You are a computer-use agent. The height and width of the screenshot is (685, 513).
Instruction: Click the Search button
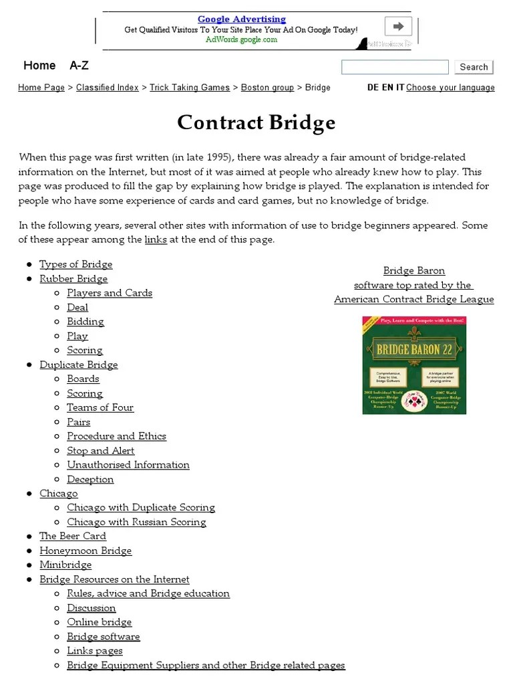click(474, 67)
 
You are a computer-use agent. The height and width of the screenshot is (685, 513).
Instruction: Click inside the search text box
click(395, 67)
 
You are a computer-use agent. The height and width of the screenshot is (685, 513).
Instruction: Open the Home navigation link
click(39, 66)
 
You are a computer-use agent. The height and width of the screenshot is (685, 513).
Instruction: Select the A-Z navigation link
click(79, 66)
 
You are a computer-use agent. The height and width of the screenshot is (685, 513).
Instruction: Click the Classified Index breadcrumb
click(108, 88)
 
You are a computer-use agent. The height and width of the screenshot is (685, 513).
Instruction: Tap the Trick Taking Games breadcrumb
click(190, 88)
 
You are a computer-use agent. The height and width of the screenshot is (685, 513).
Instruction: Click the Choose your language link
click(450, 88)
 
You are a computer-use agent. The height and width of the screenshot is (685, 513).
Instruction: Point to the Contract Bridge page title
click(256, 123)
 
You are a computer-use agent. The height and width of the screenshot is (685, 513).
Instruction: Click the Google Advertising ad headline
click(241, 19)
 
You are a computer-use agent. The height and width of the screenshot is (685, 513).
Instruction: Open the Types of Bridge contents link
click(76, 264)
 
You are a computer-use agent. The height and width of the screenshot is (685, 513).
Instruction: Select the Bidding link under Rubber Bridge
click(85, 322)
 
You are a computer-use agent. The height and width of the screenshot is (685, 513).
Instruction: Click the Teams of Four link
click(100, 407)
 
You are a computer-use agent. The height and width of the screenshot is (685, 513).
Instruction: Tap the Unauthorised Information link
click(128, 465)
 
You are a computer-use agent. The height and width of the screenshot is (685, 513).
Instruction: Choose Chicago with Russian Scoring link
click(136, 522)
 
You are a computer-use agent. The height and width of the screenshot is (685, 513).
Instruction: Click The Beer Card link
click(73, 536)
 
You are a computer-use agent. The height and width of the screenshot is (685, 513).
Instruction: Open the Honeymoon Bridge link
click(85, 551)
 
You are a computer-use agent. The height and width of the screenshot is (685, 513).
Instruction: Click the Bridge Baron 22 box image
click(414, 365)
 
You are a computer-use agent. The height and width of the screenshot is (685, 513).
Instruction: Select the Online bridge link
click(100, 623)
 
